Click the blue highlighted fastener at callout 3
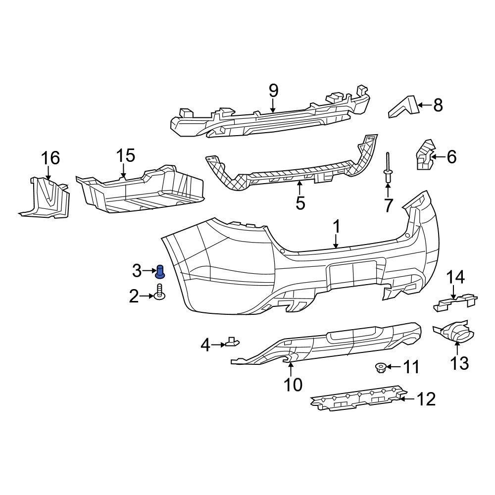click(x=160, y=271)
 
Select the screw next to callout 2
click(x=159, y=293)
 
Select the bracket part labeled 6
click(x=423, y=155)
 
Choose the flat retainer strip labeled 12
click(x=356, y=397)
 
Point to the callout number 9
click(x=273, y=91)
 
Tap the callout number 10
click(x=293, y=384)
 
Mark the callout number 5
click(x=300, y=202)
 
